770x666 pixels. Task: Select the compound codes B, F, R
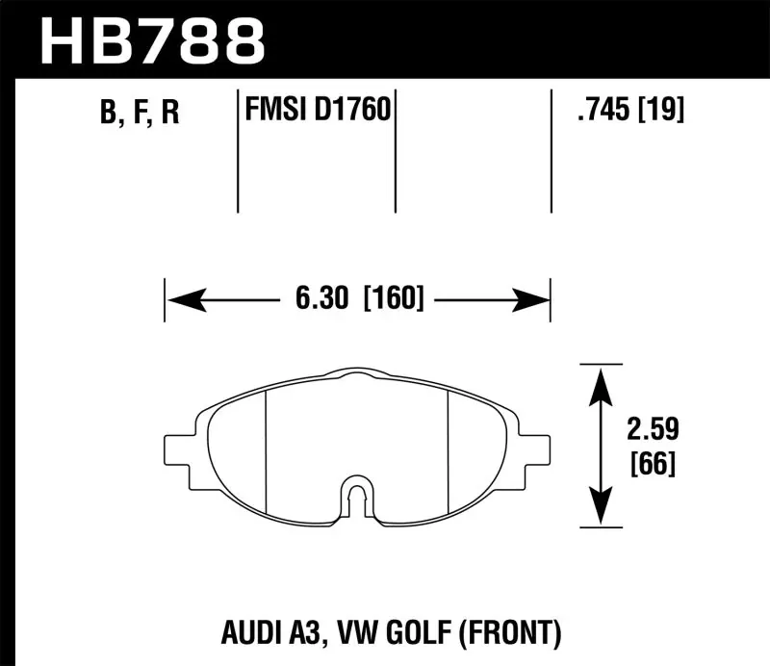tap(139, 113)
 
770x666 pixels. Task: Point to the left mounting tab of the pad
tap(180, 449)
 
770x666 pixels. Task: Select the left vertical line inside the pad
tap(265, 448)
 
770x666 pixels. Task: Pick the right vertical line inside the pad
tap(449, 448)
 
